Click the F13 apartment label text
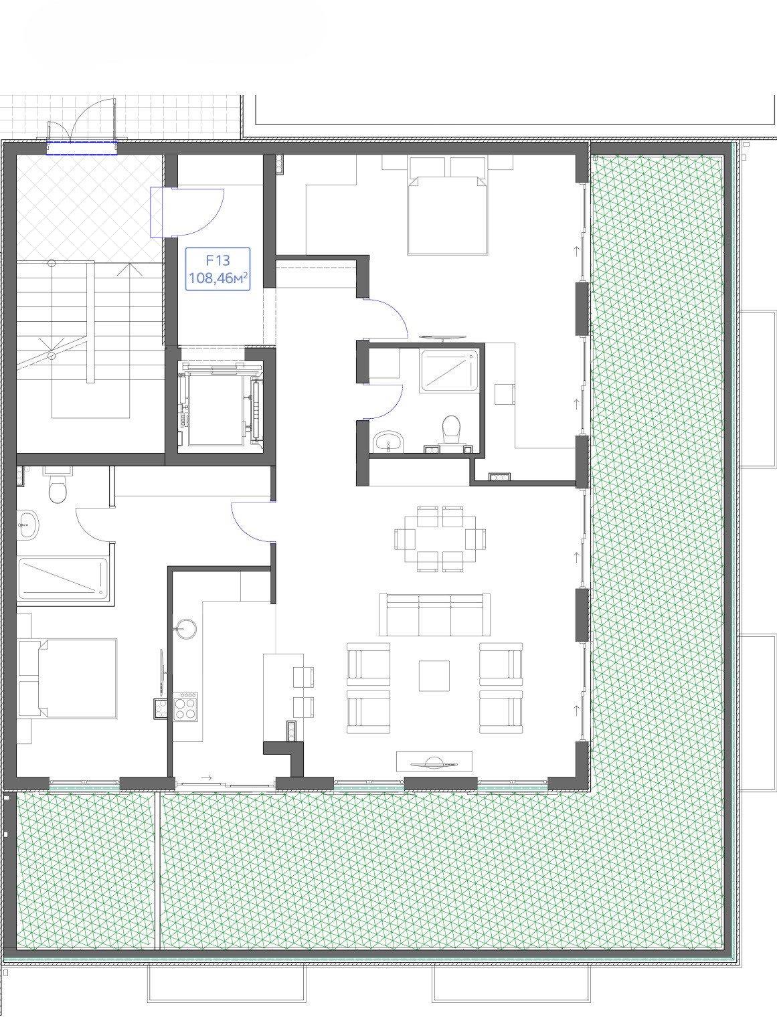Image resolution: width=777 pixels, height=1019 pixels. tap(218, 260)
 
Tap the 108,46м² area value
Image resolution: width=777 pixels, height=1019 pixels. tap(218, 278)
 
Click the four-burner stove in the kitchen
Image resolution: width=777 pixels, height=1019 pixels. tap(185, 707)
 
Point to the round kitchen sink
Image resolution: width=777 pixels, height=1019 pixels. tap(185, 630)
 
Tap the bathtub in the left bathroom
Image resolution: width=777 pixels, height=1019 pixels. tap(63, 577)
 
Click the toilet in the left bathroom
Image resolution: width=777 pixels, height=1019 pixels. tap(58, 486)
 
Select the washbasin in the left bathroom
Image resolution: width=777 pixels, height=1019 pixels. tap(28, 525)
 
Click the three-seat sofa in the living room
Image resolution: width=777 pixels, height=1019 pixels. tap(434, 615)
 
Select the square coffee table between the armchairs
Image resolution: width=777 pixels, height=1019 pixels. tap(434, 676)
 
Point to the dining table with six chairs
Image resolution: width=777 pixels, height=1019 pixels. tap(440, 539)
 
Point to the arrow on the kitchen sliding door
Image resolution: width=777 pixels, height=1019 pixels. tap(207, 778)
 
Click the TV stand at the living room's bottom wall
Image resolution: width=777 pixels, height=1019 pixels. tap(434, 761)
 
